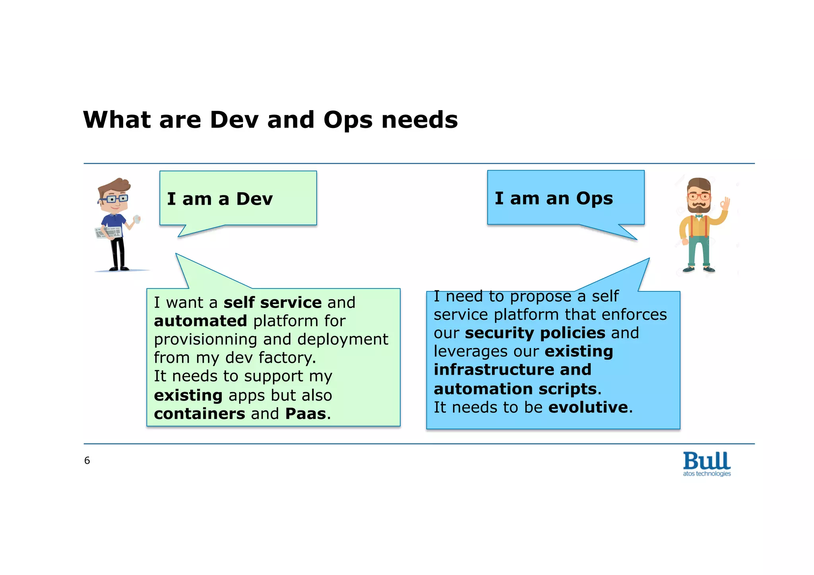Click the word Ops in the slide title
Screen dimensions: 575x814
(348, 120)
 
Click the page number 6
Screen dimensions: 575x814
(87, 461)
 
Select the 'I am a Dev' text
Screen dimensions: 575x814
(220, 199)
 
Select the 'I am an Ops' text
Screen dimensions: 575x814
(554, 198)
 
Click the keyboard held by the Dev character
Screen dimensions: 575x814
(108, 232)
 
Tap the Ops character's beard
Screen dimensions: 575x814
(699, 208)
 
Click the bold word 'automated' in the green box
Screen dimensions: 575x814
(200, 321)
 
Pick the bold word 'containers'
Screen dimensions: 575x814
(200, 414)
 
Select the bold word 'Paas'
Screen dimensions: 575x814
(306, 414)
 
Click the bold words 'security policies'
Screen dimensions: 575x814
(535, 333)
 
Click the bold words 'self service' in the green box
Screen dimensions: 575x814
(272, 303)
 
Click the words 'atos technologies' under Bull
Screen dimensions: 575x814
(707, 474)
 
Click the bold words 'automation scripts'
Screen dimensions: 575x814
(515, 389)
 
